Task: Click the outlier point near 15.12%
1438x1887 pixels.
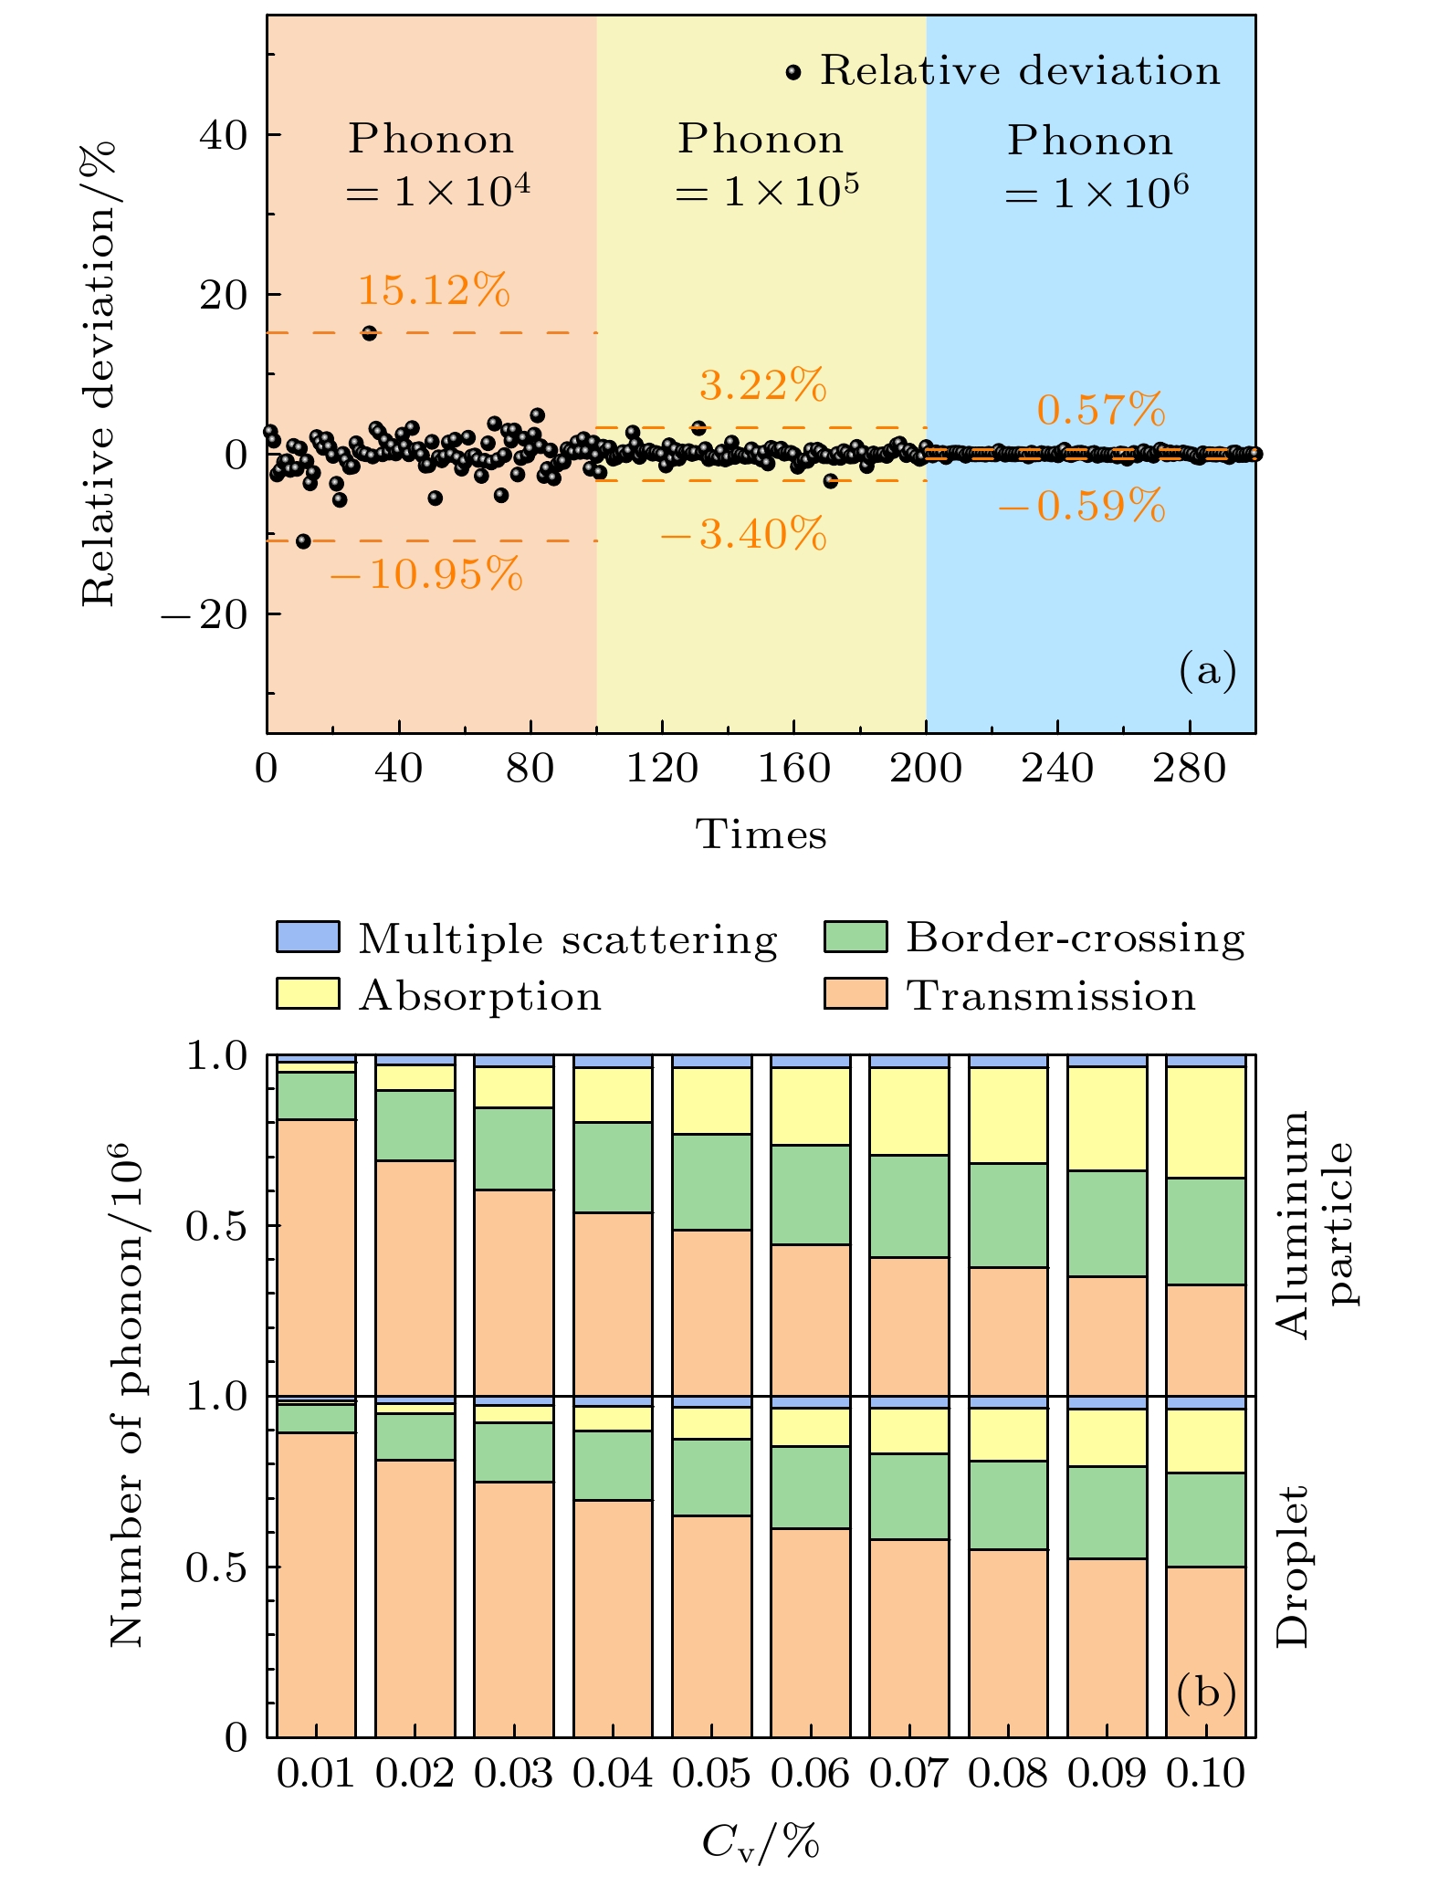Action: [x=369, y=333]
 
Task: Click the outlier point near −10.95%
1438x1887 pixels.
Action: [x=304, y=541]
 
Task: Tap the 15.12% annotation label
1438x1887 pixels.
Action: [x=433, y=291]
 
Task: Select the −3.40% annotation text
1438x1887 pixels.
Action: [x=742, y=534]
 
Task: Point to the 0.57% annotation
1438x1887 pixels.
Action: [x=1101, y=411]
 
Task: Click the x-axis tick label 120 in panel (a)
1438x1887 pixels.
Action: [x=662, y=769]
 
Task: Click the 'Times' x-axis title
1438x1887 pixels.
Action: [x=761, y=834]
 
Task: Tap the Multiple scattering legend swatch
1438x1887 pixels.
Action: [x=308, y=938]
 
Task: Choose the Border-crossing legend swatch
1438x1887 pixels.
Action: [x=855, y=938]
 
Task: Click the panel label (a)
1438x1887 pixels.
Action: [x=1207, y=672]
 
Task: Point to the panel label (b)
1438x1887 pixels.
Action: [x=1206, y=1692]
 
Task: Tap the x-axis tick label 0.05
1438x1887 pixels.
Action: [x=712, y=1774]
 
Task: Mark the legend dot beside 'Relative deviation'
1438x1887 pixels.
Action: [x=793, y=72]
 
